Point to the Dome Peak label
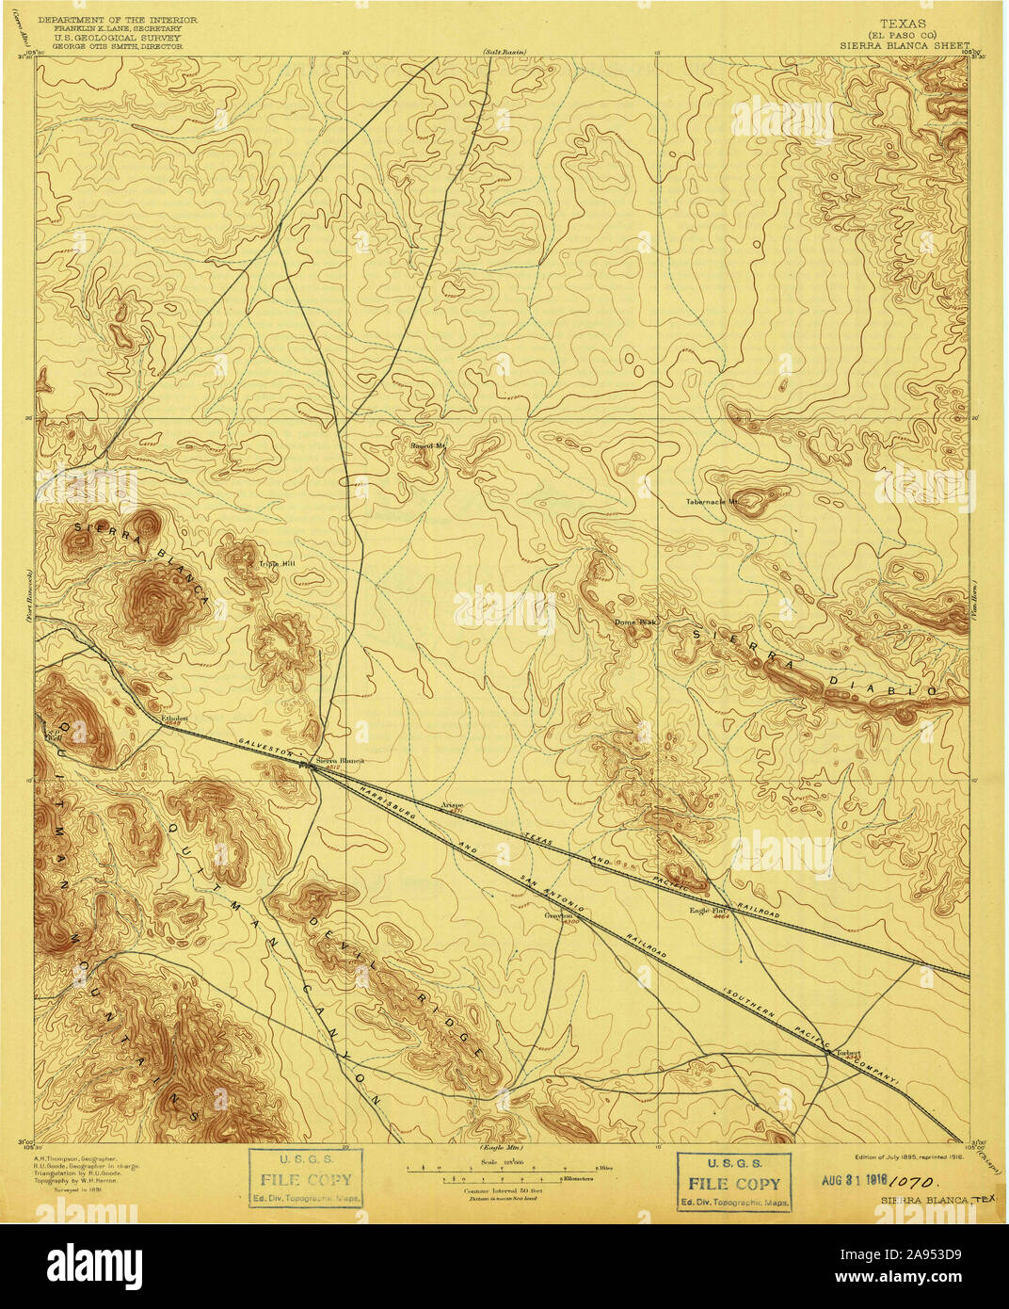[x=633, y=622]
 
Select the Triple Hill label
[x=277, y=563]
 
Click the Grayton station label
[x=560, y=914]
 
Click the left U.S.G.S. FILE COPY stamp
[x=305, y=1179]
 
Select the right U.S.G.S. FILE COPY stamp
[x=734, y=1182]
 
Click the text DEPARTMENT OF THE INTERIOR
[x=114, y=20]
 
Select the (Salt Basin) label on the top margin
[x=504, y=51]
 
